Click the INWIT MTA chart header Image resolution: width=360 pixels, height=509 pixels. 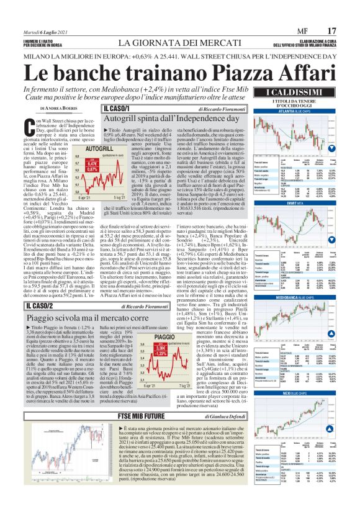[x=289, y=203]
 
